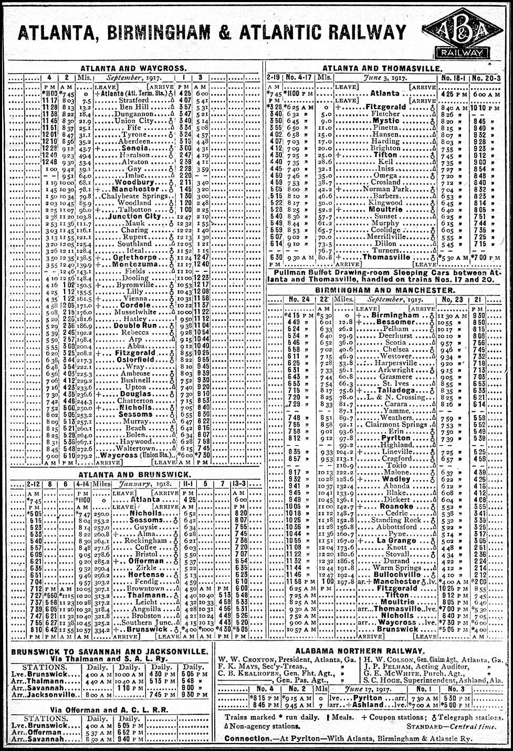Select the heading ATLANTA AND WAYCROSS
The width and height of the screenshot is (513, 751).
pos(133,68)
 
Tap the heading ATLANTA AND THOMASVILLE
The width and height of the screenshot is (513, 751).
pos(382,68)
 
